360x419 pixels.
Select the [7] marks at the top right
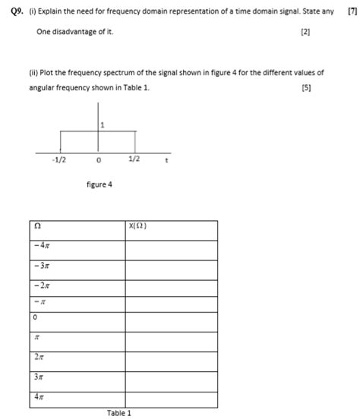352,11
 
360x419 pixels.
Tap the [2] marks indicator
305,33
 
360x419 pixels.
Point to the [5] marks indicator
305,87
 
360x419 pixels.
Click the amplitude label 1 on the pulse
103,124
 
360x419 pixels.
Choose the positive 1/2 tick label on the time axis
134,160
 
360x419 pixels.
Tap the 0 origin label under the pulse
99,161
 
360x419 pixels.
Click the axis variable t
166,160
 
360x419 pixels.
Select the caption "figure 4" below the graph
99,184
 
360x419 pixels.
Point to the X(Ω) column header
137,226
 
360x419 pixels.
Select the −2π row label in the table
42,285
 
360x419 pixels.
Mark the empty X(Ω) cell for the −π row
172,303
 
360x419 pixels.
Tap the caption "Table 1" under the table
119,413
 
